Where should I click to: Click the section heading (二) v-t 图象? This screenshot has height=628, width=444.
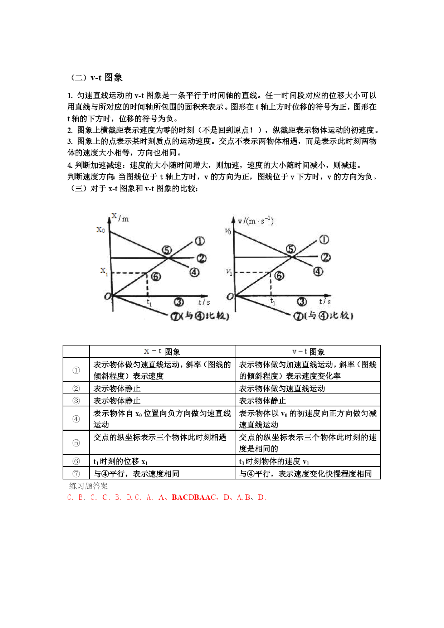tap(96, 77)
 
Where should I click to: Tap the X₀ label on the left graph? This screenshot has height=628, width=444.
tap(101, 230)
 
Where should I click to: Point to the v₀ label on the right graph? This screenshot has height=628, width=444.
tap(228, 231)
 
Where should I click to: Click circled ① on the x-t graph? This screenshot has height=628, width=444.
tap(199, 241)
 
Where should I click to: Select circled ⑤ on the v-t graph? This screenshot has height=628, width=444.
tap(291, 249)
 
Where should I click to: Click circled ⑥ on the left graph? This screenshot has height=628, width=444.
tap(156, 276)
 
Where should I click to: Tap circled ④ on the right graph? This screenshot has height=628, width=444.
tap(318, 272)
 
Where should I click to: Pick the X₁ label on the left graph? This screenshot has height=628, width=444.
tap(104, 271)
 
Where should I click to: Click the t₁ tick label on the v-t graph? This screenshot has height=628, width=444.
tap(273, 302)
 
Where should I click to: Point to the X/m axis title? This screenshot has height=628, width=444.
tap(120, 217)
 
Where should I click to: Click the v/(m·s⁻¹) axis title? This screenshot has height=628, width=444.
tap(255, 221)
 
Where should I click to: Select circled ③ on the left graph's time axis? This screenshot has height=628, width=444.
tap(179, 302)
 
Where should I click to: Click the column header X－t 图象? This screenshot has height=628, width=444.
tap(162, 352)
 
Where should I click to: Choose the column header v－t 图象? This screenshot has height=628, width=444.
tap(308, 352)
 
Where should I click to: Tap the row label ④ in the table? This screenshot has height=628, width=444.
tap(76, 419)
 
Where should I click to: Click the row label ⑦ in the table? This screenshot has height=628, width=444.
tap(76, 473)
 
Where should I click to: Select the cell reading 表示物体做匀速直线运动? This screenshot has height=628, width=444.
tap(282, 388)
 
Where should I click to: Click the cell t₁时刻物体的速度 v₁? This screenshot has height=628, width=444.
tap(274, 462)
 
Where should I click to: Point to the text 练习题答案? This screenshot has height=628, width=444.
tap(88, 486)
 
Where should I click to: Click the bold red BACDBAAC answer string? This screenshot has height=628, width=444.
tap(194, 497)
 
